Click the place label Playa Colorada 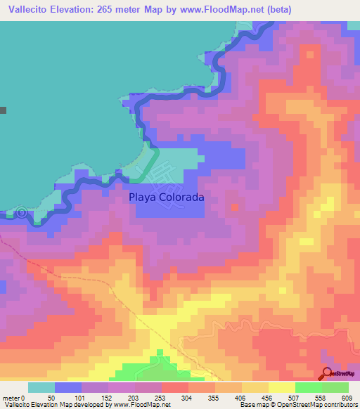tap(167, 198)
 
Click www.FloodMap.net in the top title tap(212, 10)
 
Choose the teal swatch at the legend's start tap(41, 387)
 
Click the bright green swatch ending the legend tap(335, 387)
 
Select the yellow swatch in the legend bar tap(281, 387)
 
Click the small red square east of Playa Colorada tap(235, 207)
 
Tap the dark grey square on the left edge tap(3, 110)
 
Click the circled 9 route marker tap(21, 212)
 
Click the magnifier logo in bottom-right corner tap(328, 374)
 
